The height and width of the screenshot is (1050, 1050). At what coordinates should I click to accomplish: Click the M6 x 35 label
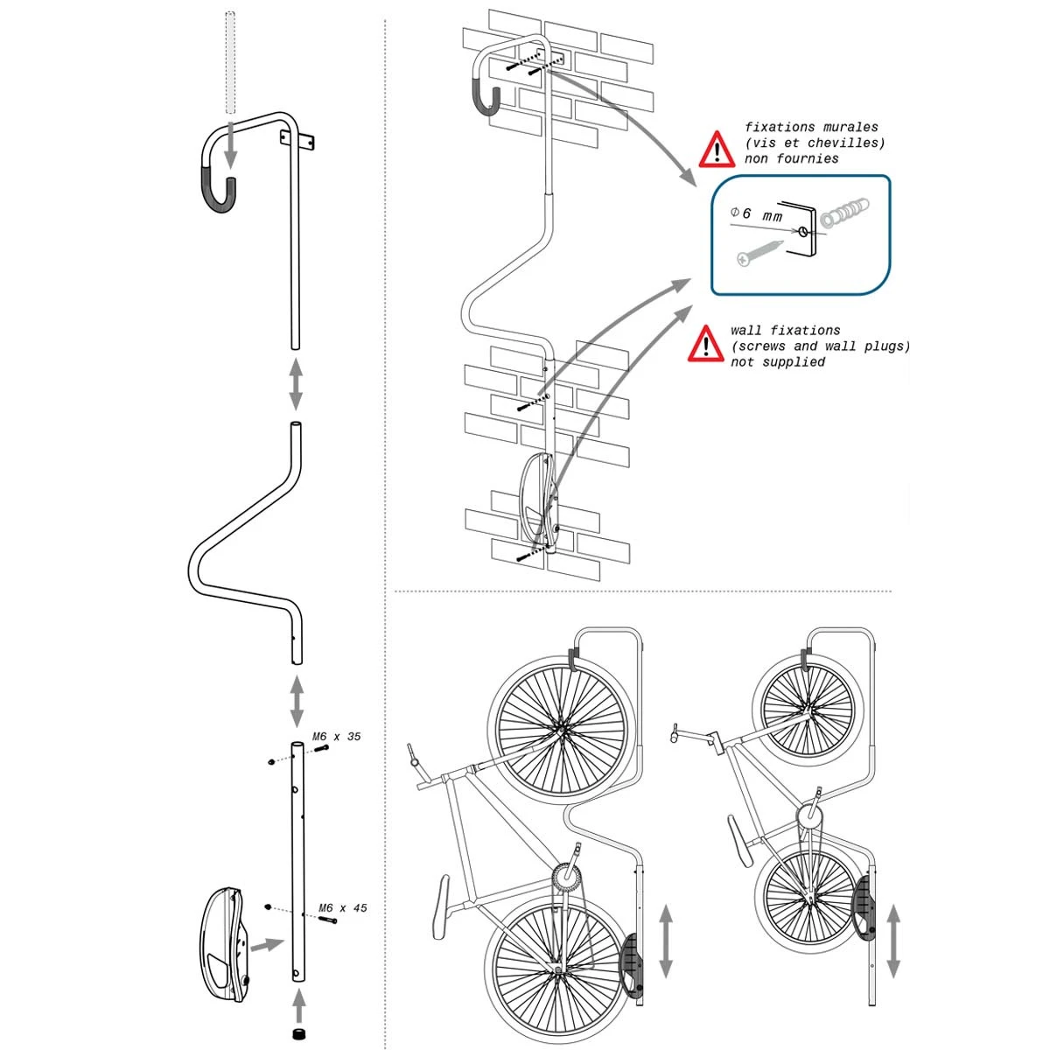tap(337, 737)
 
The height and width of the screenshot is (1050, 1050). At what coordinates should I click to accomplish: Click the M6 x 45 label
tap(343, 908)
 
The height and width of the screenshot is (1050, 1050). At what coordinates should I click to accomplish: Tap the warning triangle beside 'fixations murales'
tap(717, 150)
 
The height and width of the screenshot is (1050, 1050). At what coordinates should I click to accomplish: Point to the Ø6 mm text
tap(756, 214)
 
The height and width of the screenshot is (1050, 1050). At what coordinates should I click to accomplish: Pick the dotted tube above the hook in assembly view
tap(230, 61)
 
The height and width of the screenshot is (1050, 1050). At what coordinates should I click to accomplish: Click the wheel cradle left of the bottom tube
tap(225, 943)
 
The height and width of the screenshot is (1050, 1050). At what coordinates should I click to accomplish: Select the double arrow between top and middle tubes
tap(296, 383)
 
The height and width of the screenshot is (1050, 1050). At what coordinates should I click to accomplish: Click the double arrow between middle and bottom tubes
tap(296, 697)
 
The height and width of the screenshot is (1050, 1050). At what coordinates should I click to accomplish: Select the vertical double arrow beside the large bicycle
tap(666, 941)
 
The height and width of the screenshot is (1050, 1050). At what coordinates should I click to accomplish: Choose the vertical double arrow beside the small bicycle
tap(893, 941)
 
